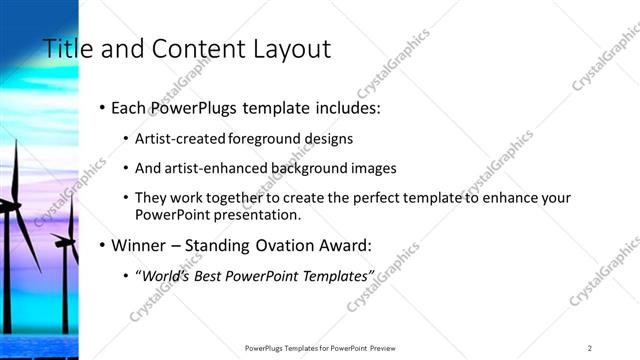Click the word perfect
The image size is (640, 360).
click(x=385, y=198)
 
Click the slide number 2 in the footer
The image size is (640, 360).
click(x=590, y=347)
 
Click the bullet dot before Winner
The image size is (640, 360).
click(x=103, y=245)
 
